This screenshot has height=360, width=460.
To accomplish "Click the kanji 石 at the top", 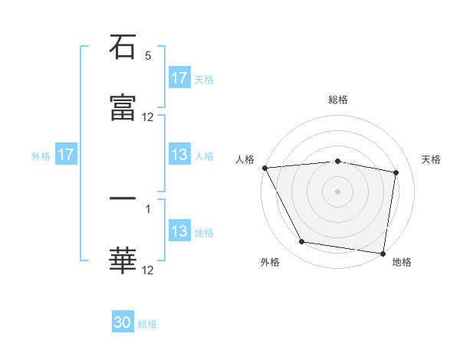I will point(123,47).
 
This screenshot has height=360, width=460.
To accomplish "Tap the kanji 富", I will point(123,109).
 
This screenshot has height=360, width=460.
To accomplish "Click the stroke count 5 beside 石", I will point(148,56).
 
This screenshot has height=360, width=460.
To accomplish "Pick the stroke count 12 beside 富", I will point(148,117).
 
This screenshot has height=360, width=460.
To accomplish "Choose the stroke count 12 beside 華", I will point(148,270).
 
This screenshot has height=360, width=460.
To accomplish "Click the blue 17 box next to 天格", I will point(179,78).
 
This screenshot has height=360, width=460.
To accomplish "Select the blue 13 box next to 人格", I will point(179,155).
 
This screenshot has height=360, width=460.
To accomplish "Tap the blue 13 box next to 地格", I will point(179,231).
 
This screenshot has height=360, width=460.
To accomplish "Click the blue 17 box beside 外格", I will point(66,155).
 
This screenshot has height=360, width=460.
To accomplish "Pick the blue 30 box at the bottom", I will point(123,322).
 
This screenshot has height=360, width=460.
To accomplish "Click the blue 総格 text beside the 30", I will point(147,324).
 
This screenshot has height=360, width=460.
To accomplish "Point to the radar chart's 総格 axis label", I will point(338,100).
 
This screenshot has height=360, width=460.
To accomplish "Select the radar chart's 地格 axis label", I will point(402,262).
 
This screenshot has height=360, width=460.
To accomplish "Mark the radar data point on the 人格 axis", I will point(264,168).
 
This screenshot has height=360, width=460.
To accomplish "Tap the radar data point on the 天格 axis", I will point(396,172).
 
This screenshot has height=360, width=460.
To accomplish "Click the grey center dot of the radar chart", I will point(338,191).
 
